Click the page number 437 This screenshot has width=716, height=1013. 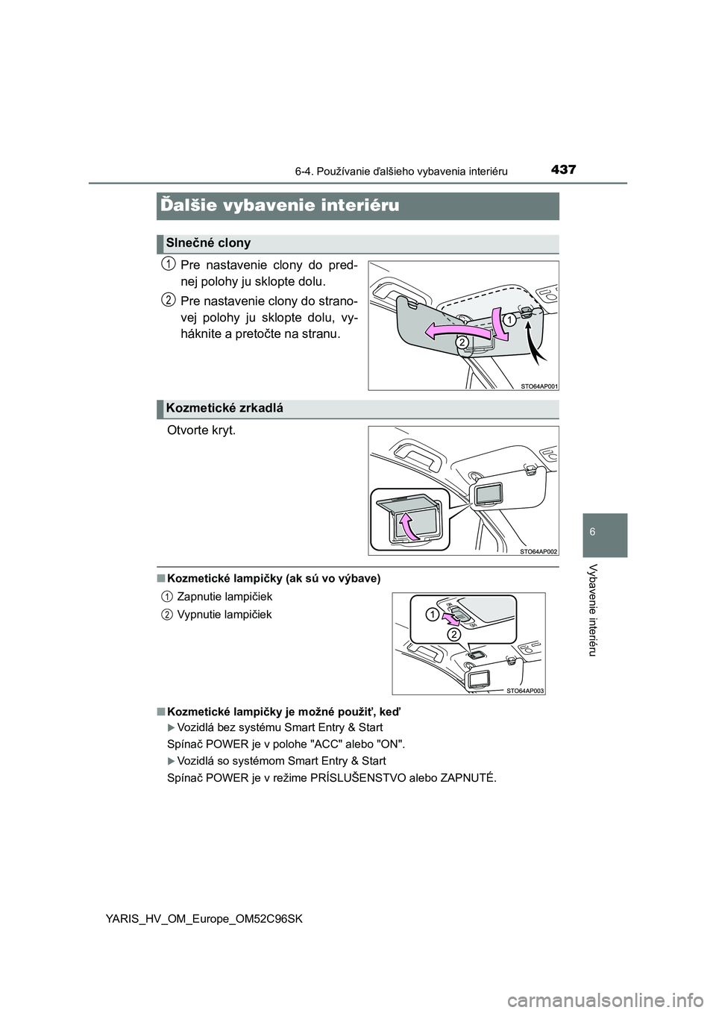tap(565, 169)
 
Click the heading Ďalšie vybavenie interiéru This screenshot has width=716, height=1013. tap(279, 205)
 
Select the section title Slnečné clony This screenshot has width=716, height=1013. tap(207, 243)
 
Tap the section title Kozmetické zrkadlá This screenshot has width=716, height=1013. tap(224, 408)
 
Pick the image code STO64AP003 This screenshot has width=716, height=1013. tap(526, 690)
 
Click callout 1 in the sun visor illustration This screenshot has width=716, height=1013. tap(508, 319)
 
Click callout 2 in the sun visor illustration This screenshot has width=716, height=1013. tap(462, 341)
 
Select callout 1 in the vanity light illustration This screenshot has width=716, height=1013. tap(432, 613)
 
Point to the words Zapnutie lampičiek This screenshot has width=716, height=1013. tap(224, 596)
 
